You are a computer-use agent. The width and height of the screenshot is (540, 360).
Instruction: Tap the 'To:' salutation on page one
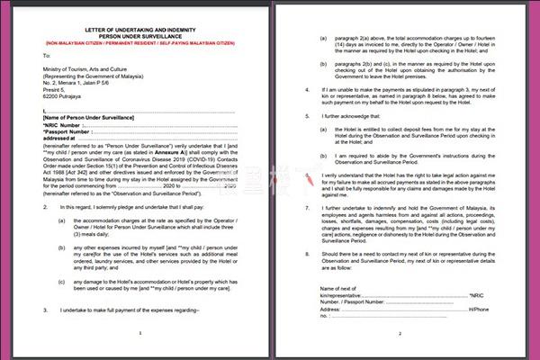coord(35,57)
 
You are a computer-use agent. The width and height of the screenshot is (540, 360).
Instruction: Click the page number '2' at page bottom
coord(400,332)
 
